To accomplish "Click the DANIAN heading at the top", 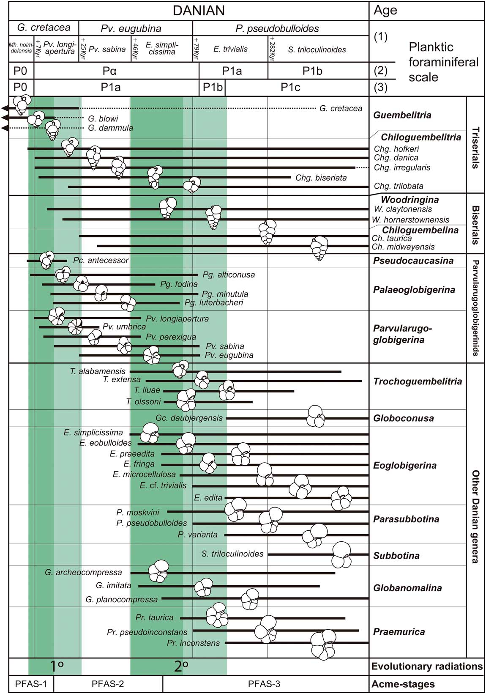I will pyautogui.click(x=198, y=11).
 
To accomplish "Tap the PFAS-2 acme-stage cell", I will pyautogui.click(x=108, y=684).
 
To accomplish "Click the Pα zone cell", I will pyautogui.click(x=116, y=71).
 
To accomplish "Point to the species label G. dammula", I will pyautogui.click(x=111, y=128).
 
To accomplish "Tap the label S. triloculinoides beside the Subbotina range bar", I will pyautogui.click(x=232, y=554).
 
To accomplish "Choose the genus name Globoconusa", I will pyautogui.click(x=403, y=418).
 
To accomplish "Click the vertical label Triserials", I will pyautogui.click(x=475, y=148).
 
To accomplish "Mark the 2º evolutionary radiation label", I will pyautogui.click(x=181, y=667).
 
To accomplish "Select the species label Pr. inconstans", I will pyautogui.click(x=193, y=643).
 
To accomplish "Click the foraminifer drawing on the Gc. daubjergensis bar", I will pyautogui.click(x=316, y=416).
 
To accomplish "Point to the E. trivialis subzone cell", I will pyautogui.click(x=230, y=49).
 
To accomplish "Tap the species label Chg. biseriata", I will pyautogui.click(x=321, y=178).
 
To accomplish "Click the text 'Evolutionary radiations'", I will pyautogui.click(x=427, y=667).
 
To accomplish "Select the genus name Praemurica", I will pyautogui.click(x=399, y=632).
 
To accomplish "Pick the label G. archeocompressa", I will pyautogui.click(x=83, y=573).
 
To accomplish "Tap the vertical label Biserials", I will pyautogui.click(x=475, y=225).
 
